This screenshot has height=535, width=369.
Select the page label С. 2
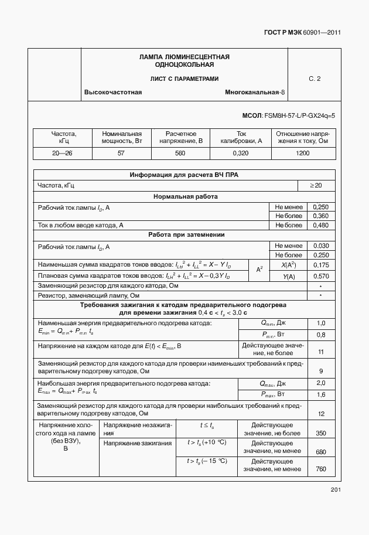pos(315,79)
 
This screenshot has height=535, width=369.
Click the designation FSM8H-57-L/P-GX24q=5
pos(288,116)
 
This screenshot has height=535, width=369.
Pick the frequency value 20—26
pos(63,153)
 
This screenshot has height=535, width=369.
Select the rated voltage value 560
pos(180,153)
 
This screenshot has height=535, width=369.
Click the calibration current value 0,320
pos(240,153)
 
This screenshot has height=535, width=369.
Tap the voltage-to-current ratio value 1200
pos(302,153)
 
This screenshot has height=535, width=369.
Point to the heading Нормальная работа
pos(185,196)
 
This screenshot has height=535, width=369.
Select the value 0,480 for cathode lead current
pos(320,225)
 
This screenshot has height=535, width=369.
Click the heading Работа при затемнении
pos(185,235)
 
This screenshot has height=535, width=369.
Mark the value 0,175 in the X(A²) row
pos(320,265)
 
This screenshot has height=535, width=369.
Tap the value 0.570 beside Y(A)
pos(320,275)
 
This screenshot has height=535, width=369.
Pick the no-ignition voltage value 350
pos(320,433)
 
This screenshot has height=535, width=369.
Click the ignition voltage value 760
pos(320,469)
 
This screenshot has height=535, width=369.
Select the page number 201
pos(335,489)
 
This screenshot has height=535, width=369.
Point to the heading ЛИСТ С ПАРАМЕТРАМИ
pos(184,79)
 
